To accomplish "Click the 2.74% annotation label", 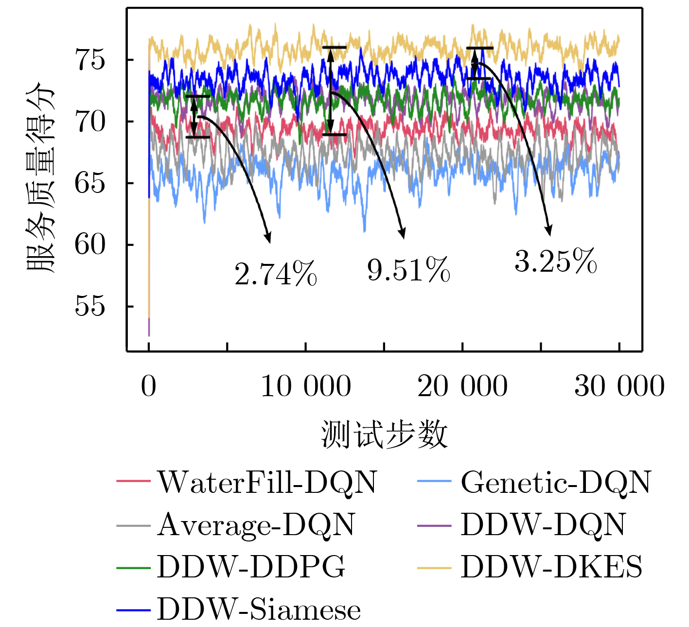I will [276, 274].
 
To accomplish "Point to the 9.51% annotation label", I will [408, 270].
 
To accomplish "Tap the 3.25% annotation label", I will [556, 261].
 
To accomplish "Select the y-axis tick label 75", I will [90, 60].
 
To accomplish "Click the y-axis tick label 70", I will [90, 122].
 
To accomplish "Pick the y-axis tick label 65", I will [90, 183].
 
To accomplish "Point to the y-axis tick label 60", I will [90, 244].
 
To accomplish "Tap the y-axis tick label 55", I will [90, 306].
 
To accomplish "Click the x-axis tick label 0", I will [149, 386].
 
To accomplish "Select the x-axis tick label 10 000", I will [306, 386].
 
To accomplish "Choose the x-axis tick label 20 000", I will [462, 386].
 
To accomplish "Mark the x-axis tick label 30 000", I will [619, 386].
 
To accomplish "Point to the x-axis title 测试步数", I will [384, 434].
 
